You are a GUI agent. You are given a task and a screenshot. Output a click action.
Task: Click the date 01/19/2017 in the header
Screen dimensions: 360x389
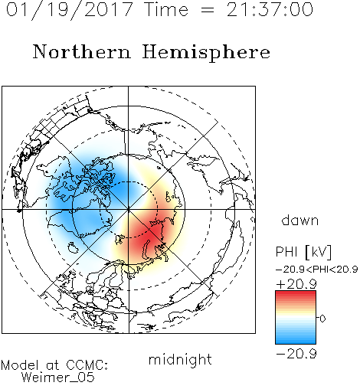pyautogui.click(x=70, y=10)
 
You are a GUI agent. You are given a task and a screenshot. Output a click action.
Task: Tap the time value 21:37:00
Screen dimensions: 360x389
pyautogui.click(x=270, y=9)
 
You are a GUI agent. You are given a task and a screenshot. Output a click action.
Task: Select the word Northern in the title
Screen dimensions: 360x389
pyautogui.click(x=82, y=52)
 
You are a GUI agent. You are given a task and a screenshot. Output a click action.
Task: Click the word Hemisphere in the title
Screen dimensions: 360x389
pyautogui.click(x=206, y=53)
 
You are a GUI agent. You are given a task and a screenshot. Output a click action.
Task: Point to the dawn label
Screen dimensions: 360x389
pyautogui.click(x=300, y=220)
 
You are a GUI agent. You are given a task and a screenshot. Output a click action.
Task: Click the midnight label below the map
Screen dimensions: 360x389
pyautogui.click(x=180, y=359)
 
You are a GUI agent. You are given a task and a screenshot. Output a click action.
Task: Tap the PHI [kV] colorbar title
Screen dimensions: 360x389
pyautogui.click(x=303, y=252)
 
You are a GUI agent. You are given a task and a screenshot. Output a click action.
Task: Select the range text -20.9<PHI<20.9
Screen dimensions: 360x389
pyautogui.click(x=317, y=270)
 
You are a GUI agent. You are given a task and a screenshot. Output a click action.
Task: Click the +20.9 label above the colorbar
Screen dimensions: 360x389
pyautogui.click(x=296, y=284)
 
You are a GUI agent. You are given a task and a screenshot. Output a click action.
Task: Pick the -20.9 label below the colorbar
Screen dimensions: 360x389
pyautogui.click(x=296, y=354)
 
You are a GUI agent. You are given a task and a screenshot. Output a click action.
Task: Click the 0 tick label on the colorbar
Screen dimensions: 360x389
pyautogui.click(x=322, y=319)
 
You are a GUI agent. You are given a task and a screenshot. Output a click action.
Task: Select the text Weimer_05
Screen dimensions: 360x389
pyautogui.click(x=58, y=378)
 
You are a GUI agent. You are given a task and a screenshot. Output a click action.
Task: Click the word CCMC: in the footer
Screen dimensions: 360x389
pyautogui.click(x=87, y=365)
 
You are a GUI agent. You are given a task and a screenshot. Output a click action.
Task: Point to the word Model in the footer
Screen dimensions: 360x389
pyautogui.click(x=20, y=365)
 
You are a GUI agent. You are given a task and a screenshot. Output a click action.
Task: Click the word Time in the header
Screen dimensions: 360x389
pyautogui.click(x=166, y=9)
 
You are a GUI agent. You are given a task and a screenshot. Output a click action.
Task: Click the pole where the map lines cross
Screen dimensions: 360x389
pyautogui.click(x=129, y=210)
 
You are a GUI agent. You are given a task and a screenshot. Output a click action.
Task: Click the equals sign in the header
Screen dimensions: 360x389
pyautogui.click(x=208, y=11)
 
